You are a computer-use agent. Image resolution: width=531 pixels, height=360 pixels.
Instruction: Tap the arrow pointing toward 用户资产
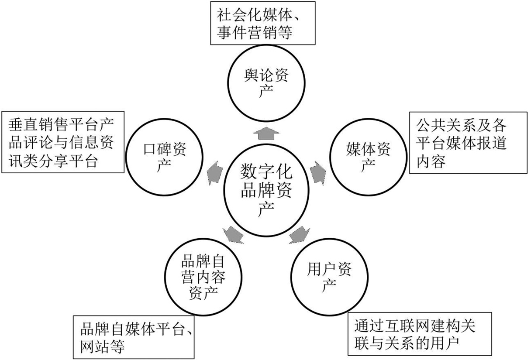[300, 234]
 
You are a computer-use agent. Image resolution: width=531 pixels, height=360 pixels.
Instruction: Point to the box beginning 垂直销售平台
[63, 143]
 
